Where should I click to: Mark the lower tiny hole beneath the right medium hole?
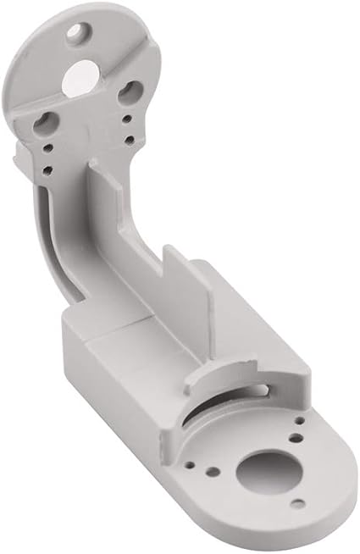pyautogui.click(x=127, y=139)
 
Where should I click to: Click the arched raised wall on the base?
pyautogui.click(x=220, y=378)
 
